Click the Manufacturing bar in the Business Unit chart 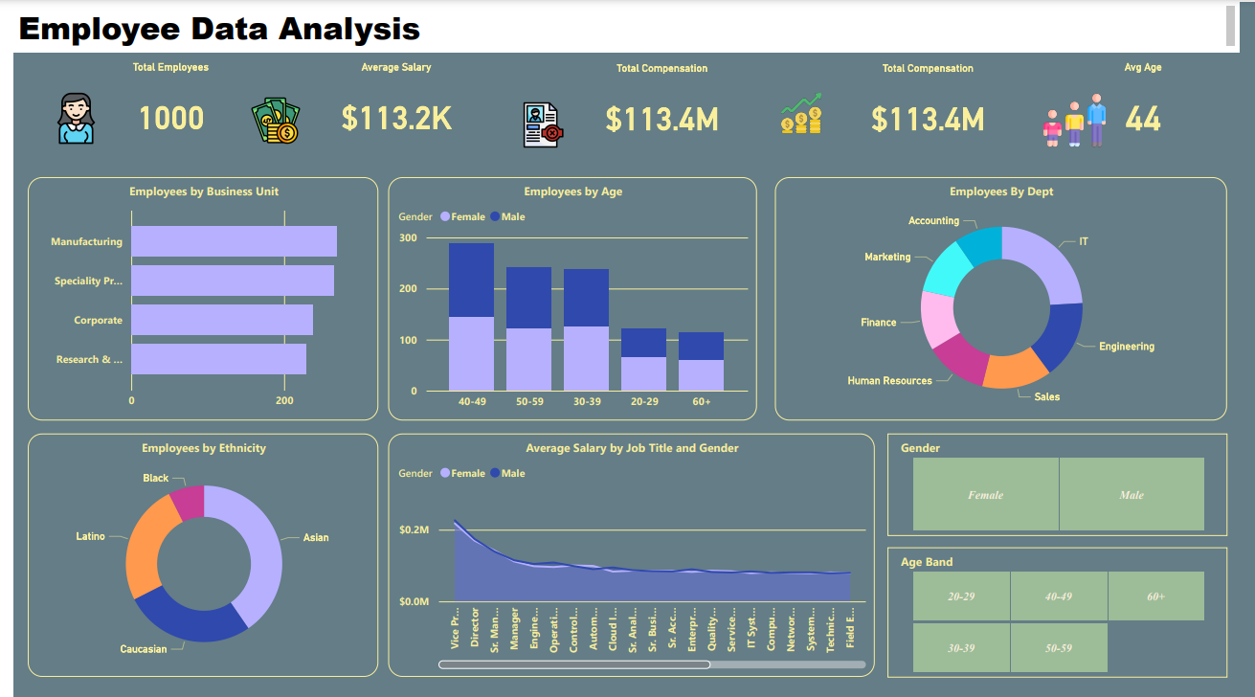pyautogui.click(x=234, y=241)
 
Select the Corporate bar pyautogui.click(x=222, y=320)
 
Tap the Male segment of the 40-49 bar pyautogui.click(x=471, y=280)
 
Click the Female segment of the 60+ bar pyautogui.click(x=701, y=375)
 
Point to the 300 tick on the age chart pyautogui.click(x=408, y=237)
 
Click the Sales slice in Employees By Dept pyautogui.click(x=1015, y=370)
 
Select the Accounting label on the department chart pyautogui.click(x=933, y=221)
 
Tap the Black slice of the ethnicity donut pyautogui.click(x=188, y=503)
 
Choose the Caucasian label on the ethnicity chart pyautogui.click(x=144, y=649)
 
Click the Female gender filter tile pyautogui.click(x=985, y=494)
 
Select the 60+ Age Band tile pyautogui.click(x=1155, y=596)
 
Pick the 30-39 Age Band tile pyautogui.click(x=961, y=647)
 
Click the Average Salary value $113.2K pyautogui.click(x=396, y=118)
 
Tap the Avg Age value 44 pyautogui.click(x=1142, y=119)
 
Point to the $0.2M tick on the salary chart pyautogui.click(x=415, y=529)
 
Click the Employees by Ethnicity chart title pyautogui.click(x=204, y=448)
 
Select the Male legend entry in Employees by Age pyautogui.click(x=507, y=217)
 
